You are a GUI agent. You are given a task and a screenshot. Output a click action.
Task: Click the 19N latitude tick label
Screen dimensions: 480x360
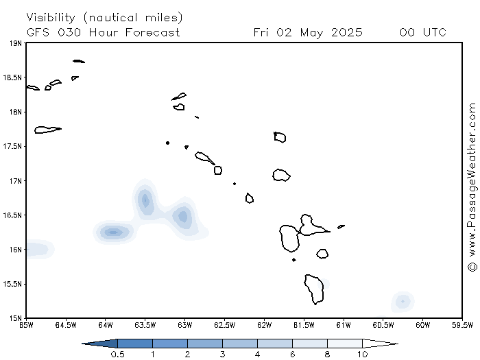pos(16,43)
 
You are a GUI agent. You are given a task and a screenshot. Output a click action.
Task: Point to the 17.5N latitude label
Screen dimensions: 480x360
pos(12,146)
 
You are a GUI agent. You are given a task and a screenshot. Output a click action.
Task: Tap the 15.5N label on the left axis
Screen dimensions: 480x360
pos(12,284)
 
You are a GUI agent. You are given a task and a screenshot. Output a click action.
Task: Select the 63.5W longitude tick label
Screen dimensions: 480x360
pos(145,325)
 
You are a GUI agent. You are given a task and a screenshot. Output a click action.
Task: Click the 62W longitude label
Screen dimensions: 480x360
pos(264,325)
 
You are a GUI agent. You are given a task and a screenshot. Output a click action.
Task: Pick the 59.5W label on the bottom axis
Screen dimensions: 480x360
pos(463,325)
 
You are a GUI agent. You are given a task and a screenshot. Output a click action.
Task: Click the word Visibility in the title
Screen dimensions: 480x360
pos(51,17)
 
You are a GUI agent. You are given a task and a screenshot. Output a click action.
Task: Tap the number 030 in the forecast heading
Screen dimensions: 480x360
pos(69,32)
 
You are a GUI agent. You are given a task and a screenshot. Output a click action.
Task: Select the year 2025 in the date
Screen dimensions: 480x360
pos(347,32)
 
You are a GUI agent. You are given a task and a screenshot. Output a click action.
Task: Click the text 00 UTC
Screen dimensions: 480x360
pos(423,32)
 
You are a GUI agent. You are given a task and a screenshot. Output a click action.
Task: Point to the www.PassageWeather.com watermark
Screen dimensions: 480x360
pos(472,187)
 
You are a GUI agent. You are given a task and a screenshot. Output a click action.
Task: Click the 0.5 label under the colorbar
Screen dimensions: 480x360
pos(117,355)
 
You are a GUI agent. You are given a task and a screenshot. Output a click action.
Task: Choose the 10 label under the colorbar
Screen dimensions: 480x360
pos(363,355)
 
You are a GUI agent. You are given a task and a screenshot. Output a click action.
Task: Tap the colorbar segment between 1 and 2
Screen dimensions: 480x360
pos(170,344)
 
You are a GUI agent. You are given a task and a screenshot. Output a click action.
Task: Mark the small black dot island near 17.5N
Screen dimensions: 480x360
pos(167,143)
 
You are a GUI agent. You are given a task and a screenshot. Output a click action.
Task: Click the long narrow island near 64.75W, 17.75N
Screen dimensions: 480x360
pos(48,130)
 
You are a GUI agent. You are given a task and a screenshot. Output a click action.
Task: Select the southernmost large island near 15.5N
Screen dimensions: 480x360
pos(314,289)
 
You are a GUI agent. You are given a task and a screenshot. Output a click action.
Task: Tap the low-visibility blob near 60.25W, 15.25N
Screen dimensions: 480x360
pos(403,302)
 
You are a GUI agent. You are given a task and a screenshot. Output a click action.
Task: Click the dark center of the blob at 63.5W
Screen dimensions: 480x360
pos(145,201)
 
